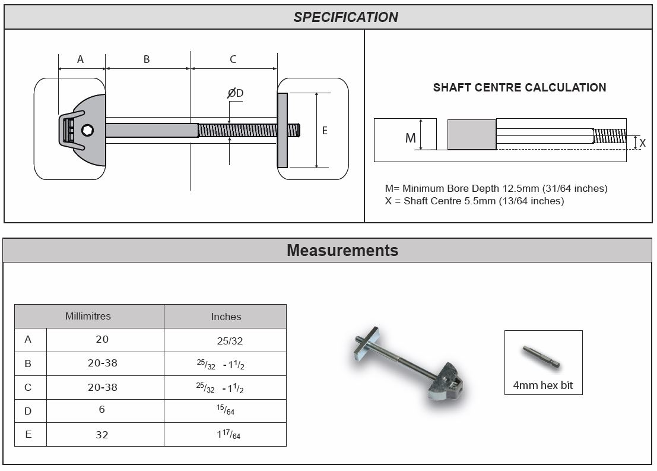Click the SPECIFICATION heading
pyautogui.click(x=345, y=17)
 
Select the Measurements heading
pyautogui.click(x=342, y=250)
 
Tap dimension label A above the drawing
pyautogui.click(x=81, y=59)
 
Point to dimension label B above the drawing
pyautogui.click(x=147, y=59)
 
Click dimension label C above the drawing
pyautogui.click(x=233, y=59)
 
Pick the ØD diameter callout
pyautogui.click(x=235, y=93)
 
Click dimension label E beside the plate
pyautogui.click(x=325, y=131)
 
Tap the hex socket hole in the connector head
pyautogui.click(x=87, y=130)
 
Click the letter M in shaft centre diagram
pyautogui.click(x=410, y=138)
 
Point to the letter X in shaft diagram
pyautogui.click(x=642, y=143)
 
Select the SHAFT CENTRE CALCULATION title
pyautogui.click(x=519, y=87)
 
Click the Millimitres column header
pyautogui.click(x=88, y=316)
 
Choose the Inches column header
pyautogui.click(x=226, y=317)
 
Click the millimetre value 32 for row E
pyautogui.click(x=102, y=435)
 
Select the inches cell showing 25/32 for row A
pyautogui.click(x=230, y=341)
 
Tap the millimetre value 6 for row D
pyautogui.click(x=102, y=411)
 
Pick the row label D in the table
pyautogui.click(x=28, y=411)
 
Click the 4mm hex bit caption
pyautogui.click(x=543, y=385)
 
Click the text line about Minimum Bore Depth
pyautogui.click(x=496, y=188)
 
